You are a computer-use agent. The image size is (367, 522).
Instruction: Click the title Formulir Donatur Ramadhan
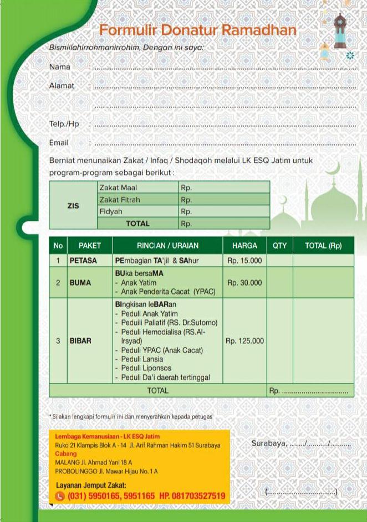tap(198, 30)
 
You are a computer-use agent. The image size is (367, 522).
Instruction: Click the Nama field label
tap(60, 67)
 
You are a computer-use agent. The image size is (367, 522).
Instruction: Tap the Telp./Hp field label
tap(64, 124)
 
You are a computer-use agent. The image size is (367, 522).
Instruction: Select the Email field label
tap(59, 143)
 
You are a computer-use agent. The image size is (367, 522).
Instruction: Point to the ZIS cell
tap(73, 205)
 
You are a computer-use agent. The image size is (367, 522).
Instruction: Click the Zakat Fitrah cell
tap(120, 199)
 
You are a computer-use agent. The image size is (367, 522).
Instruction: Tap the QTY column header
tap(279, 246)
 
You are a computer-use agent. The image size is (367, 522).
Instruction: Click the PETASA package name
tap(83, 260)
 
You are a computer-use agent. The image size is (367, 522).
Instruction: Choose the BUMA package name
tap(80, 282)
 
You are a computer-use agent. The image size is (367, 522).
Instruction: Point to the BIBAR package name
tap(80, 341)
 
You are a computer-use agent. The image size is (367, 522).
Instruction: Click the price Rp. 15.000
tap(244, 260)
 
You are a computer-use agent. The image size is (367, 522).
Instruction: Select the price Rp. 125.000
tap(244, 341)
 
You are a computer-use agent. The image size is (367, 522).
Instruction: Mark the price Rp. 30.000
tap(244, 282)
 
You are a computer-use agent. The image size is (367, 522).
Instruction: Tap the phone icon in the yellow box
tap(60, 496)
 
